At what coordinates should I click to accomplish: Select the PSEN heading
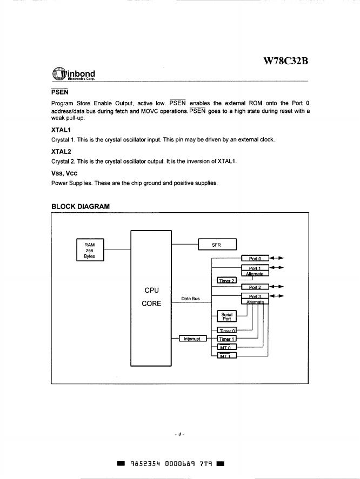tap(59, 92)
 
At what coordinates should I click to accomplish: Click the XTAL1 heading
tap(61, 130)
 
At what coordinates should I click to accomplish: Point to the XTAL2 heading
tap(61, 152)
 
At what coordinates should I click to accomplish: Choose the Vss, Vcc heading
tap(64, 173)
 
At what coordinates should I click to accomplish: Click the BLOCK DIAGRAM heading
tap(80, 206)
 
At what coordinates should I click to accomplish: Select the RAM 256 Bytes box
tap(90, 251)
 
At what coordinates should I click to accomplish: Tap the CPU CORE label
tap(151, 296)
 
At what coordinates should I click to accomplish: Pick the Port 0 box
tap(255, 258)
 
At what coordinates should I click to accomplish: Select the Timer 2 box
tap(226, 280)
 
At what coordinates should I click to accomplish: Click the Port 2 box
tap(255, 287)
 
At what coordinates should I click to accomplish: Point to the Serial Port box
tap(226, 316)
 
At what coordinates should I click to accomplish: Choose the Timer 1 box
tap(226, 339)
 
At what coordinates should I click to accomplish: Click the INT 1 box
tap(226, 355)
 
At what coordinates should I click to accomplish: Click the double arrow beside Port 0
tap(276, 258)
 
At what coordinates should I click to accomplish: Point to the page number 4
tap(180, 434)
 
